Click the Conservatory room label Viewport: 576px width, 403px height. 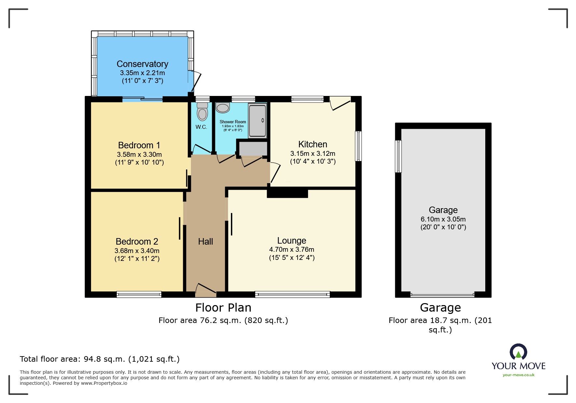(142, 64)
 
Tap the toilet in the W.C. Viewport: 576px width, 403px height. (202, 111)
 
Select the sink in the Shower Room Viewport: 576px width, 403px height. (223, 108)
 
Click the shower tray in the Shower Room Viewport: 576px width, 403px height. (258, 120)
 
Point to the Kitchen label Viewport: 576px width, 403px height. (313, 144)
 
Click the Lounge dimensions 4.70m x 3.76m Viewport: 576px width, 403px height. (292, 249)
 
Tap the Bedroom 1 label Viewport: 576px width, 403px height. (139, 145)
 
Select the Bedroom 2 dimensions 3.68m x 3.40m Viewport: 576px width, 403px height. (137, 251)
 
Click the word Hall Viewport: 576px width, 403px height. (206, 242)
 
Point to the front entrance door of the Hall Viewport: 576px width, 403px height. (206, 290)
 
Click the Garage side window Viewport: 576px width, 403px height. (398, 156)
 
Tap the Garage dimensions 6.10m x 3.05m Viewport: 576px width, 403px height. (443, 219)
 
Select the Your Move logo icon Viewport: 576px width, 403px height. (518, 352)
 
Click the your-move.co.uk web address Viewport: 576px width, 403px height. (518, 375)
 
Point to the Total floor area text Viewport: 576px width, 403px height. (100, 359)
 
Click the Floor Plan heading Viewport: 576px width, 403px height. (223, 308)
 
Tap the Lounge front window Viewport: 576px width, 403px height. (292, 294)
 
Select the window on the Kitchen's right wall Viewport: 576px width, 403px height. (358, 146)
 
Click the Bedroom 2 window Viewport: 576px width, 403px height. (139, 294)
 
